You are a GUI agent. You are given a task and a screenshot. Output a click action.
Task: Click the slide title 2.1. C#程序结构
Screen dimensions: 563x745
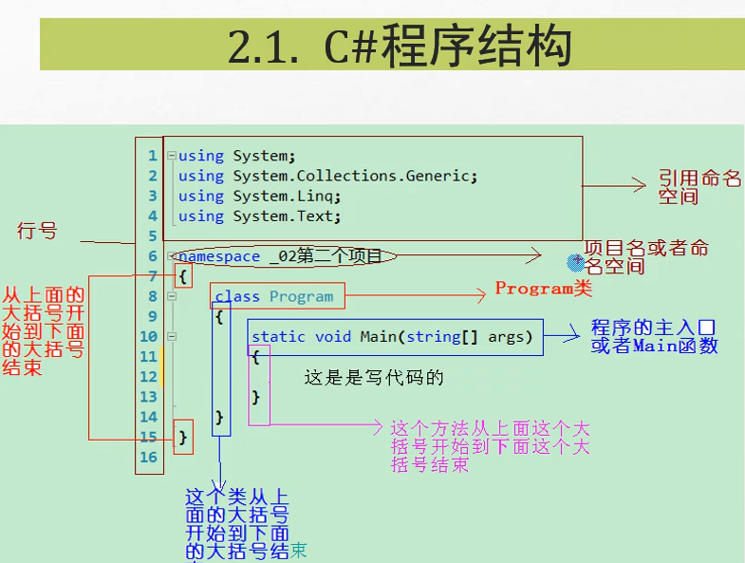pyautogui.click(x=400, y=47)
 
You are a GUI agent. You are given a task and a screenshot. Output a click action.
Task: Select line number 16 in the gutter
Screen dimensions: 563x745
pyautogui.click(x=149, y=457)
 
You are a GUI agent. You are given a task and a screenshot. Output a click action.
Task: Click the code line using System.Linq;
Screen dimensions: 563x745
pyautogui.click(x=259, y=197)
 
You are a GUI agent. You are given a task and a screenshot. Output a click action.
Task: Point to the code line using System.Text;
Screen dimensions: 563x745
pyautogui.click(x=259, y=216)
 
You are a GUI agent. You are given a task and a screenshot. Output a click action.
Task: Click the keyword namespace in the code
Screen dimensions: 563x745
pyautogui.click(x=219, y=256)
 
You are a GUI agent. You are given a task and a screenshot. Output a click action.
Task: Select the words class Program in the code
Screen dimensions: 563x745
pyautogui.click(x=274, y=296)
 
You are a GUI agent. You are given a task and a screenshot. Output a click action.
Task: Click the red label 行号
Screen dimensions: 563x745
pyautogui.click(x=37, y=231)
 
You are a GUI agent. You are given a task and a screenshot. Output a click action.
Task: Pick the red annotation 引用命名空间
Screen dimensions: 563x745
pyautogui.click(x=699, y=187)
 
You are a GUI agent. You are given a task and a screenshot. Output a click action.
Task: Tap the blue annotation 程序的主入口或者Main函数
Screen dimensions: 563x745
pyautogui.click(x=654, y=336)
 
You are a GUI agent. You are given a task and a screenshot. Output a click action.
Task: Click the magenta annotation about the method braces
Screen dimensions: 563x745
pyautogui.click(x=490, y=446)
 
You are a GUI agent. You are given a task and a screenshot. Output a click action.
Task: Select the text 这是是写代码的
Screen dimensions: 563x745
pyautogui.click(x=374, y=377)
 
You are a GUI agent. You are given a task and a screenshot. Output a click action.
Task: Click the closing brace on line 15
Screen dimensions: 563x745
pyautogui.click(x=184, y=437)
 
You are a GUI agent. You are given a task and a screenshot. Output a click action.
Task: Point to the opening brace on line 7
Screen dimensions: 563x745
pyautogui.click(x=183, y=276)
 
